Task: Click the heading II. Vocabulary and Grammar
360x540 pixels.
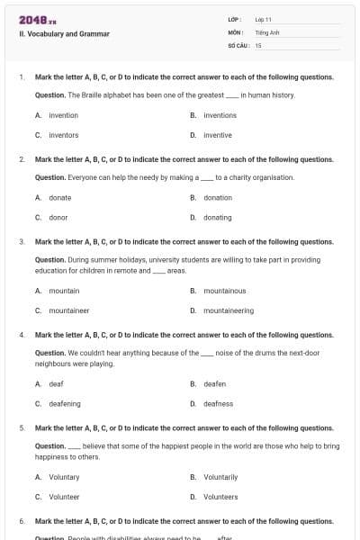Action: (x=64, y=34)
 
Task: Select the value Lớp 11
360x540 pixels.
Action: (x=263, y=19)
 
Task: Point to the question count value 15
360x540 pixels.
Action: (x=258, y=44)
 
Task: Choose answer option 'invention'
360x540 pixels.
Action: (x=63, y=115)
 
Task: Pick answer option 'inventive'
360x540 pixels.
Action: (x=217, y=135)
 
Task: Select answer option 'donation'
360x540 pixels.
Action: (x=217, y=197)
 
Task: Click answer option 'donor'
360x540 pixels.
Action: (x=58, y=217)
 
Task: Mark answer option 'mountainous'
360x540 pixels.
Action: (x=224, y=291)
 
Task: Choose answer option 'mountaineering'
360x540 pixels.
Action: (x=228, y=310)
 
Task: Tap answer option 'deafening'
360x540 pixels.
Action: (x=64, y=404)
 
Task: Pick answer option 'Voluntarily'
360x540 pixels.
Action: (x=220, y=477)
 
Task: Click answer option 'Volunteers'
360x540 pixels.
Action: (x=220, y=497)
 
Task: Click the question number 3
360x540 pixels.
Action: (x=22, y=242)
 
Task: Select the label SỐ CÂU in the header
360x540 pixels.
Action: (x=237, y=44)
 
